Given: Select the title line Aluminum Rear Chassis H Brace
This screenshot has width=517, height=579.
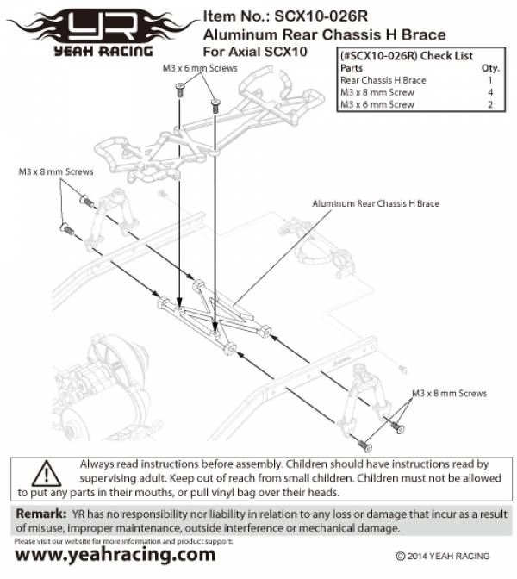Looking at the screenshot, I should pos(324,34).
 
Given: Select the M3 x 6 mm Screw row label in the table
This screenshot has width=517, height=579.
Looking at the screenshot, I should pos(377,104).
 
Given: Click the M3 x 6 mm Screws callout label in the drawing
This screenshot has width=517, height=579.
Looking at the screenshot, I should pos(197,66).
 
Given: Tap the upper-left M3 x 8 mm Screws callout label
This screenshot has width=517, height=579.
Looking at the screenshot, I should pos(56,171).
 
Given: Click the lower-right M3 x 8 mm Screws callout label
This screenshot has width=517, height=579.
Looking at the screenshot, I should pos(449,393).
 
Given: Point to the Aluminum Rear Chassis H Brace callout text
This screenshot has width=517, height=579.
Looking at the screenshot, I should pos(376,204).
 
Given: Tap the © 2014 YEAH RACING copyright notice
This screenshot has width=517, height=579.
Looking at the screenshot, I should pos(443,557).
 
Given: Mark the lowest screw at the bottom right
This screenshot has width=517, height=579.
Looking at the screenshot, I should pos(368,446).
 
